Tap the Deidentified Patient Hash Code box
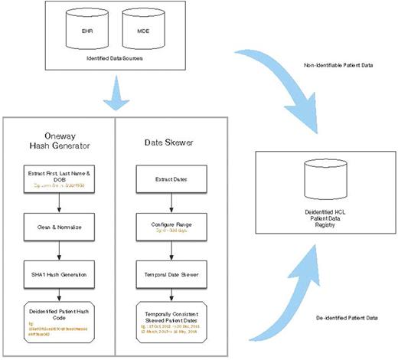[58, 320]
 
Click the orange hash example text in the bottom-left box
[57, 330]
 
